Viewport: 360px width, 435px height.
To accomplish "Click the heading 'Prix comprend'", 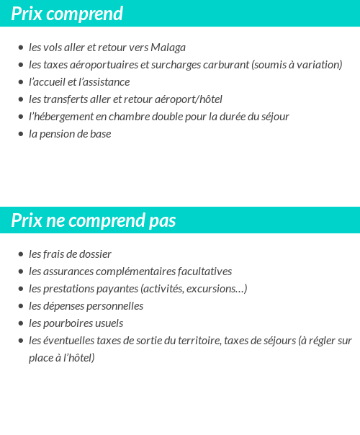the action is coord(67,14).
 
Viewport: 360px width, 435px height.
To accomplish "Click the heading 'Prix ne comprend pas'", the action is coord(94,220).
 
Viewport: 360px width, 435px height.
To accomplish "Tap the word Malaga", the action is coord(168,48).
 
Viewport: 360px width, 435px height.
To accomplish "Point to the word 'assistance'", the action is coord(104,82).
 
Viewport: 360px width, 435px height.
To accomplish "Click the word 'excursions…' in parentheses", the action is coord(219,289).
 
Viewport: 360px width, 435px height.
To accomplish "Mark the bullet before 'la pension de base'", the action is coord(21,135).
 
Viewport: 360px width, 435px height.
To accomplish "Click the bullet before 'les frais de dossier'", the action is coord(21,255).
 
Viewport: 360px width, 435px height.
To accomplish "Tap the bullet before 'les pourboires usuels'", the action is coord(21,324).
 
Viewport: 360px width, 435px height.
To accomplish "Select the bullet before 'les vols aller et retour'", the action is coord(21,48).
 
